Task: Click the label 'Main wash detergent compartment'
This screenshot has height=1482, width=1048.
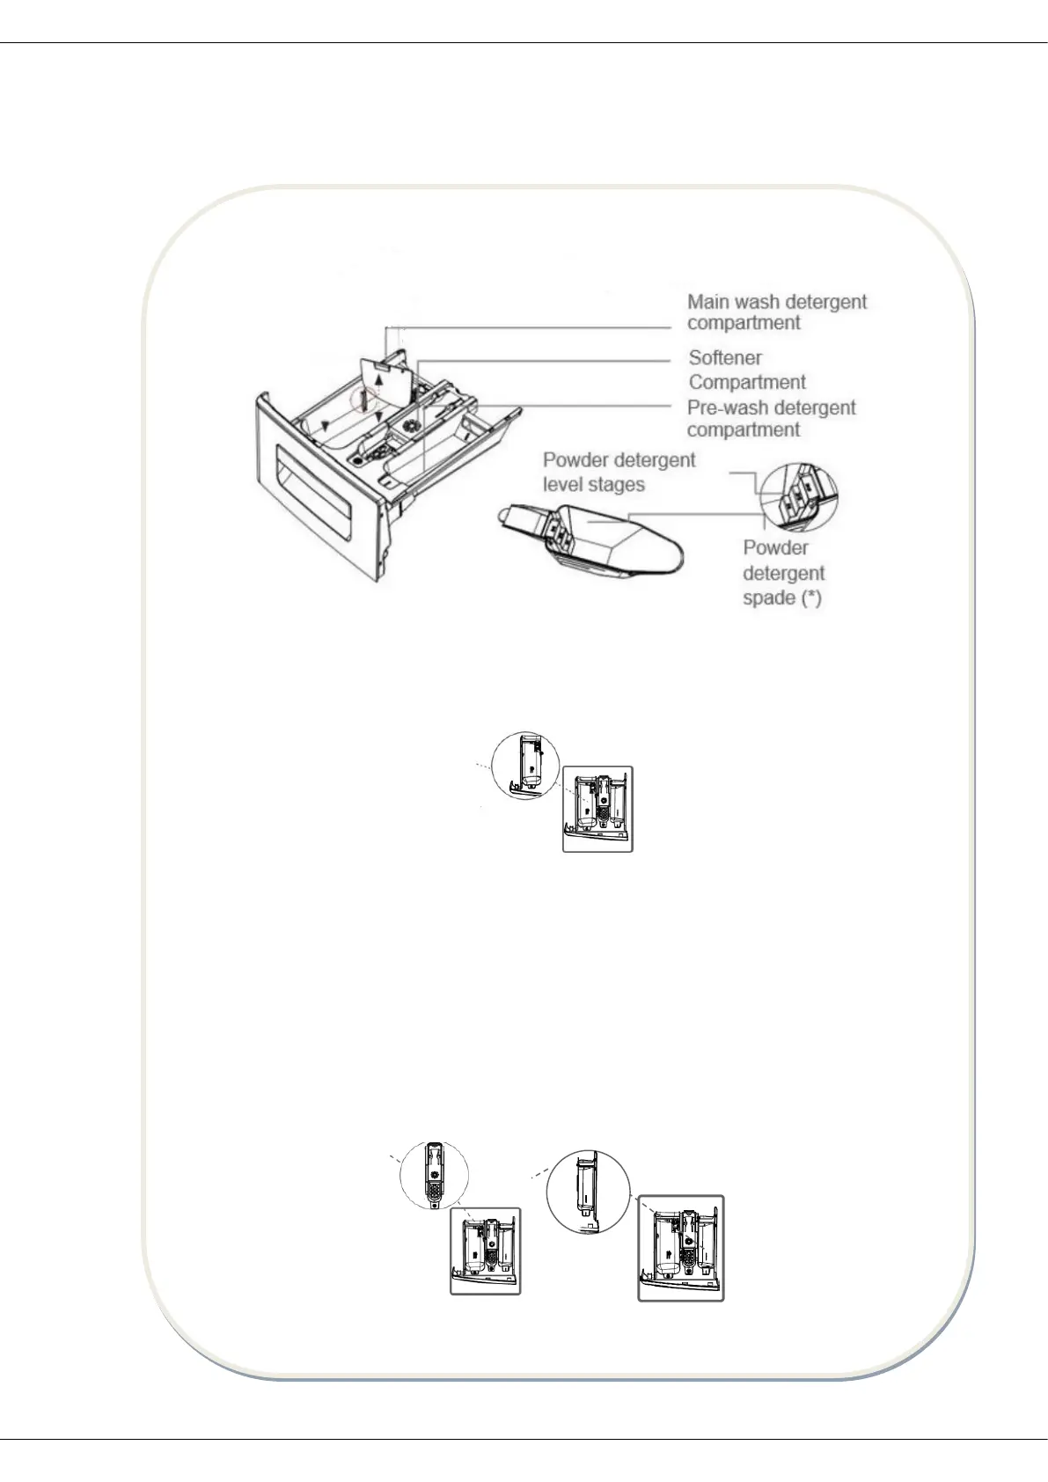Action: (776, 312)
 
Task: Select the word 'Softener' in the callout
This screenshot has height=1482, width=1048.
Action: (725, 358)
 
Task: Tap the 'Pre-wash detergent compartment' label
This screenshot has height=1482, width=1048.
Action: (771, 419)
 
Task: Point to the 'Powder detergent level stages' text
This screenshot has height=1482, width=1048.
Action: (619, 472)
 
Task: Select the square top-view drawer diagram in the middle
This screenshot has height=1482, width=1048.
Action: (597, 809)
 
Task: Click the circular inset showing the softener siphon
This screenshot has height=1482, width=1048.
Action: (435, 1175)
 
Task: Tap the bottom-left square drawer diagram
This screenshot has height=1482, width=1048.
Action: (485, 1251)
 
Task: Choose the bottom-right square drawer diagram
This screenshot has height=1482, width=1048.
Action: (681, 1247)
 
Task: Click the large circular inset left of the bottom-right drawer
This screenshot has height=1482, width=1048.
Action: (588, 1191)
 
